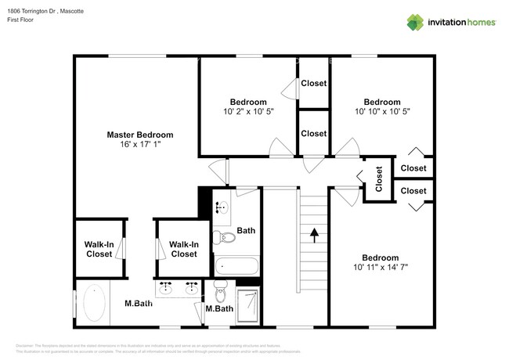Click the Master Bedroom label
[x=139, y=135]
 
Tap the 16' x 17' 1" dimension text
[x=139, y=145]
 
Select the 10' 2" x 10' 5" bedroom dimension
[x=247, y=112]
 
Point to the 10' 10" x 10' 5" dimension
[x=382, y=112]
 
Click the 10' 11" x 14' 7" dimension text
[x=380, y=268]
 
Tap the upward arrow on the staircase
[x=314, y=232]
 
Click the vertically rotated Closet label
[x=379, y=179]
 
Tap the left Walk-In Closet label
[x=99, y=249]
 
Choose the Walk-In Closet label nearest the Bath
[x=183, y=249]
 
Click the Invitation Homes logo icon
[x=416, y=23]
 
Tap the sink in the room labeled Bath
[x=222, y=208]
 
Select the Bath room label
[x=246, y=230]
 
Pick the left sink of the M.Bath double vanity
[x=167, y=290]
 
